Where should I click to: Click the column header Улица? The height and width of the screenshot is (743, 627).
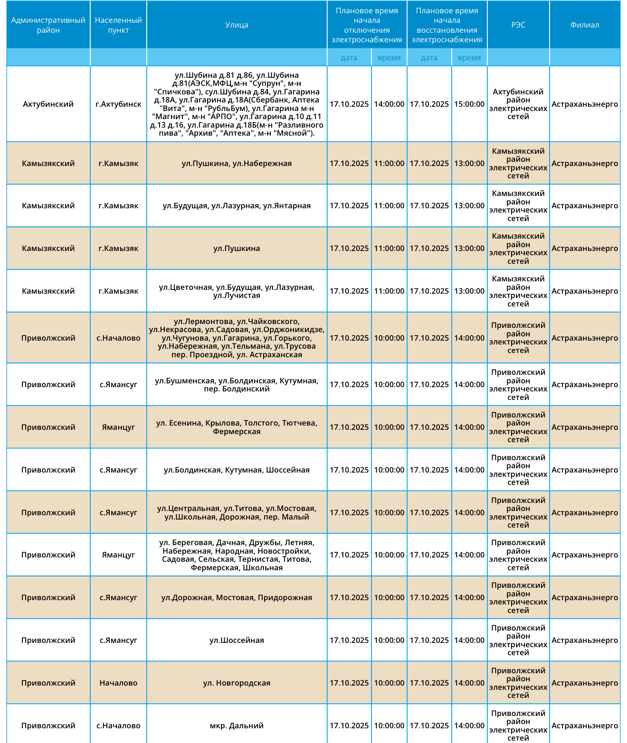pos(237,25)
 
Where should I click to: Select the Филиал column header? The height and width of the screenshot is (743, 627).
pos(584,25)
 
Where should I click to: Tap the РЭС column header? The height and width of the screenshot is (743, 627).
pos(518,25)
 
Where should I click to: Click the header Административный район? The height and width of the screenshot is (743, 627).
pos(48,25)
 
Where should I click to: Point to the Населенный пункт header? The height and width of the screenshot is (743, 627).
pos(118,25)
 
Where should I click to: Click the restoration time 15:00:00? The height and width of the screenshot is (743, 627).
pos(469,104)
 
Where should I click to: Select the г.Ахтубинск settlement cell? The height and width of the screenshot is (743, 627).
pos(118,104)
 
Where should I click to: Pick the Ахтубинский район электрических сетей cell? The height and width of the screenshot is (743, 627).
pos(518,104)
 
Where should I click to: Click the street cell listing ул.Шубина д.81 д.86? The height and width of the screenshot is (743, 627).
pos(237,104)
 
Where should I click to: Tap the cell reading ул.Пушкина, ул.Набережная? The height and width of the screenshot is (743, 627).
pos(237,163)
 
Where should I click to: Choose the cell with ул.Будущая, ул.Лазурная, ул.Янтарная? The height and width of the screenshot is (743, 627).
pos(237,205)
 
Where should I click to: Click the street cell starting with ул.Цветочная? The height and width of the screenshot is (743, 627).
pos(237,291)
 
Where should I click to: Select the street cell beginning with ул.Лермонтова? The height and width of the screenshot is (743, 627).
pos(237,338)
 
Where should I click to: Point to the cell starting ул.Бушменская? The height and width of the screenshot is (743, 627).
pos(237,384)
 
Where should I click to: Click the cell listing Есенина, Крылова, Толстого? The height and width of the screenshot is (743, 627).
pos(237,427)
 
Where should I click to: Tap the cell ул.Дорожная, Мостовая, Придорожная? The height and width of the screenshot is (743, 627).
pos(237,597)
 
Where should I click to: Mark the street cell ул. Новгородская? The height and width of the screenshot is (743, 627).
pos(237,683)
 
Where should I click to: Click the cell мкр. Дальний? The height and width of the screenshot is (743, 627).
pos(237,725)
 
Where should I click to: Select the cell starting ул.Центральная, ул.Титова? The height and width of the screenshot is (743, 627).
pos(237,512)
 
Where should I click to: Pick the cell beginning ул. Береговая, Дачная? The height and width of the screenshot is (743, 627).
pos(237,555)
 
